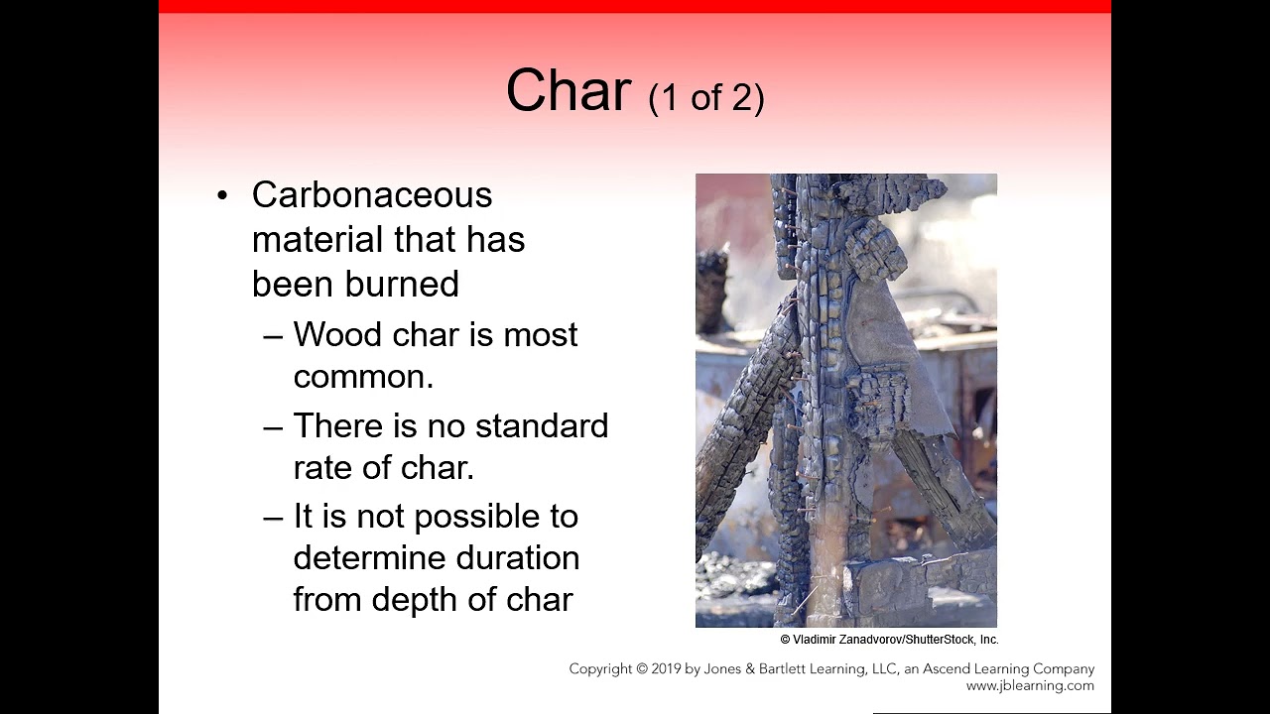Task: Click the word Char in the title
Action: coord(568,91)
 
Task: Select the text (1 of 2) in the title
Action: coord(705,97)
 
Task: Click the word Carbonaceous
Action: coord(372,195)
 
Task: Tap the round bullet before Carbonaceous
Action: coord(222,195)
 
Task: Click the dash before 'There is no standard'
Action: coord(273,426)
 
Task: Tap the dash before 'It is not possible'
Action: coord(273,517)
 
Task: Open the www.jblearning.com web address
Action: coord(1030,685)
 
